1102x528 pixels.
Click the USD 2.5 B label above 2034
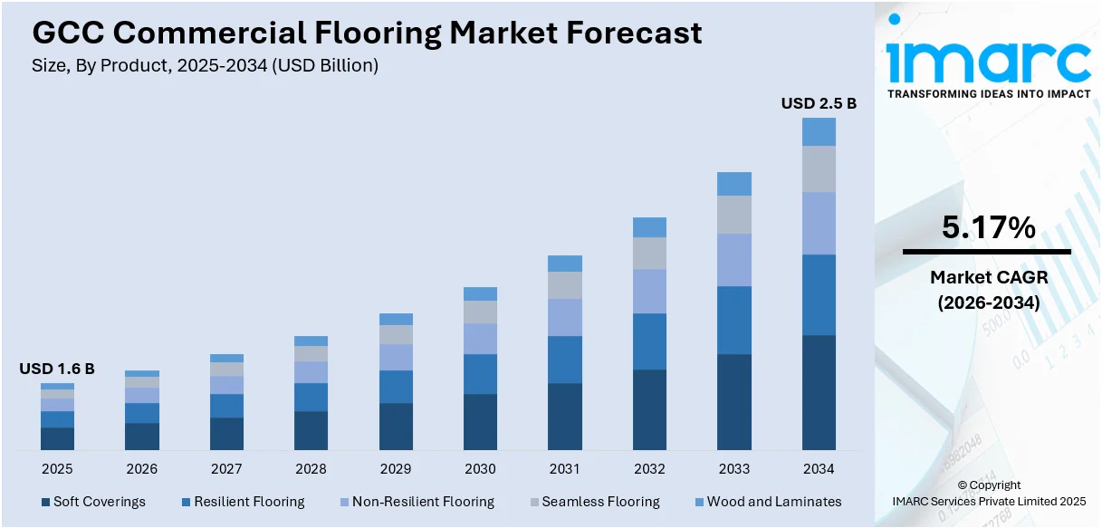pos(819,104)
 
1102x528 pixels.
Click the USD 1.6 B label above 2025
pos(57,369)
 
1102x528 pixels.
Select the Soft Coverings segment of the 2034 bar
pos(819,392)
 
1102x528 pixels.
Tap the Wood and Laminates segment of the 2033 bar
pos(734,184)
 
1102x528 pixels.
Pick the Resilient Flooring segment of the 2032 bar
pos(649,341)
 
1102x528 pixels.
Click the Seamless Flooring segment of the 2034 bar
pos(819,169)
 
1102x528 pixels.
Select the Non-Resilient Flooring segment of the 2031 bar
pos(565,317)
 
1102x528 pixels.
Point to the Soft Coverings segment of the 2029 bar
pos(396,426)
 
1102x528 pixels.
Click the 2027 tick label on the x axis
pos(226,469)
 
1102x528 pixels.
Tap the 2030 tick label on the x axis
pos(480,469)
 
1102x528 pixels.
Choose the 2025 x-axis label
pos(57,469)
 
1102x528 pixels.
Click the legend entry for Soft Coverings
pos(92,502)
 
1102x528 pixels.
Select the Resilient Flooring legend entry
pos(243,502)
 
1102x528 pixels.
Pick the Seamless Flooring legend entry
pos(593,502)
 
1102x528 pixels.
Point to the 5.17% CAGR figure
pos(988,228)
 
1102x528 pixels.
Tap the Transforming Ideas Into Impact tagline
pos(988,94)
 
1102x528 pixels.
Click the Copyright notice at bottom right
pos(989,485)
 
